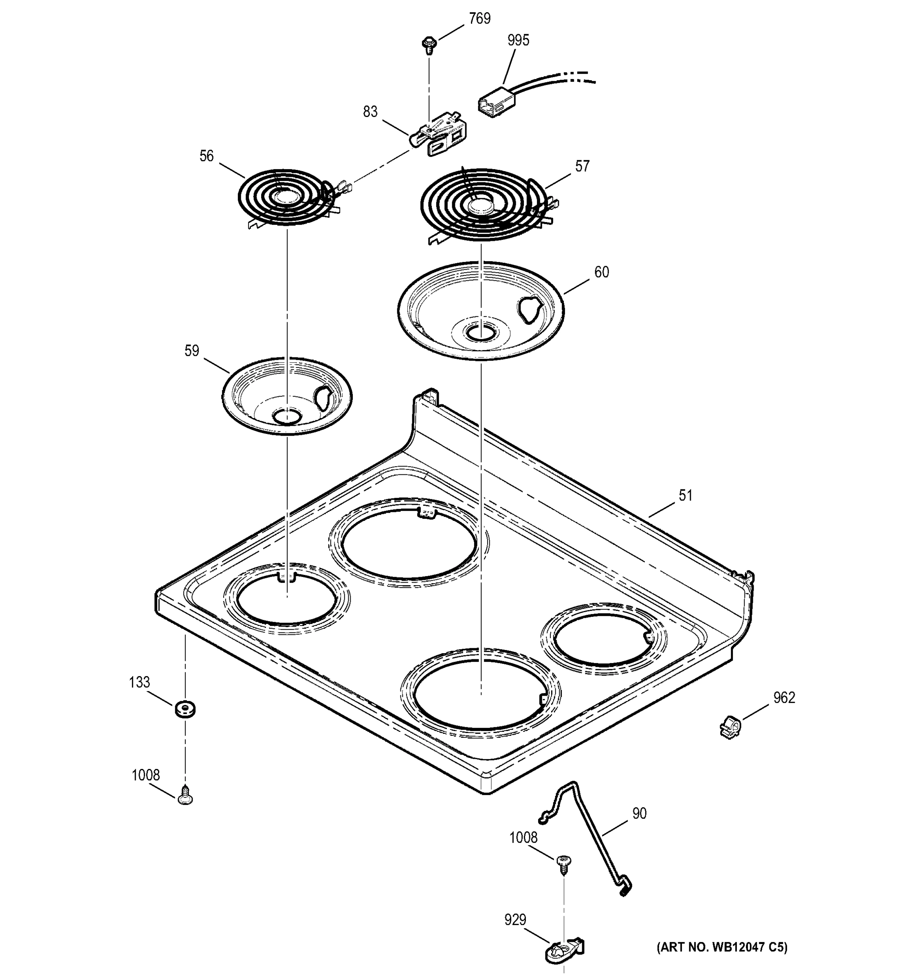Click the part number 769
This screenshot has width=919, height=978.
(479, 19)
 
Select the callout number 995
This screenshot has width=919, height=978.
(518, 40)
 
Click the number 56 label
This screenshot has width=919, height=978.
(207, 156)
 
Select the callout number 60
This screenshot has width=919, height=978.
(601, 272)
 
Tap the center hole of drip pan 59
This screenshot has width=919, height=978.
(287, 417)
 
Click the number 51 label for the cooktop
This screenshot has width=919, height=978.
(686, 496)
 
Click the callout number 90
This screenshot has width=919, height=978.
(639, 814)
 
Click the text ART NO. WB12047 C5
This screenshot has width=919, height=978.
(722, 947)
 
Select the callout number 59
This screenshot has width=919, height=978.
(192, 351)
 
